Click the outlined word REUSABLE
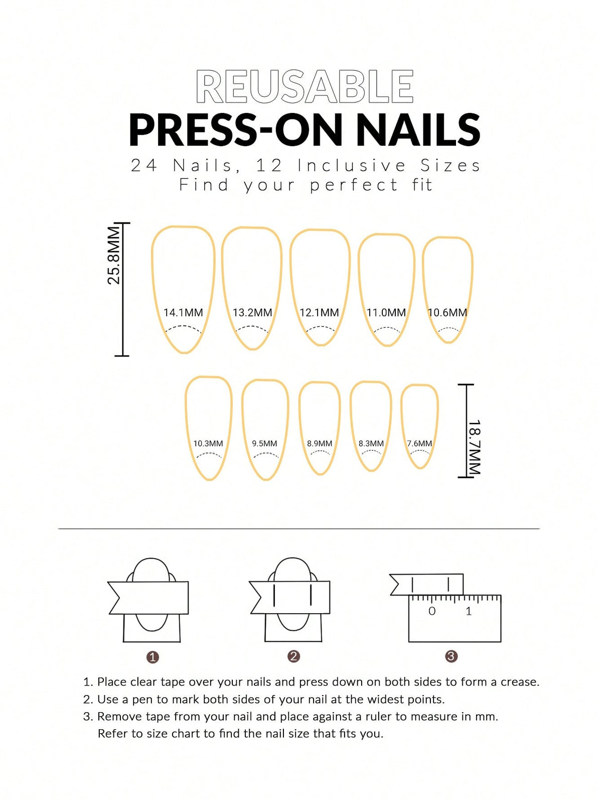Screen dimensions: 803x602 click(305, 87)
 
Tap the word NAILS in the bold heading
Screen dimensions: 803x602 click(418, 130)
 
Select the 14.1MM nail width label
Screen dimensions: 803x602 click(183, 312)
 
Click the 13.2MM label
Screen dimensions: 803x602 click(252, 312)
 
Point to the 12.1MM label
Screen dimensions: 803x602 click(319, 312)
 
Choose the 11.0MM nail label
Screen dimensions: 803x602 click(386, 312)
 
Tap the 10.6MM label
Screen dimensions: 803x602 click(447, 312)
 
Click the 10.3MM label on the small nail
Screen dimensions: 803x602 click(208, 443)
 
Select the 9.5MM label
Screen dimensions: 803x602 click(264, 443)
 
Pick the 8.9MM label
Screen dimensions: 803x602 click(320, 443)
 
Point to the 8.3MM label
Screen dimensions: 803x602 click(371, 443)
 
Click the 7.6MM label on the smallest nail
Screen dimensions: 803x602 click(419, 443)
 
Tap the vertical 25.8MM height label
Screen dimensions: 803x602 click(114, 256)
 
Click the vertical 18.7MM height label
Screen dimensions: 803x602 click(474, 447)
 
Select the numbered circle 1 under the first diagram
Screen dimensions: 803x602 click(153, 657)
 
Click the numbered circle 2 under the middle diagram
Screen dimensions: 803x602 click(293, 656)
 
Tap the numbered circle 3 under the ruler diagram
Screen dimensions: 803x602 click(450, 656)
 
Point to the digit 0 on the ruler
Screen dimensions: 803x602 click(432, 611)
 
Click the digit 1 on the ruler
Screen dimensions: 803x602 click(469, 611)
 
